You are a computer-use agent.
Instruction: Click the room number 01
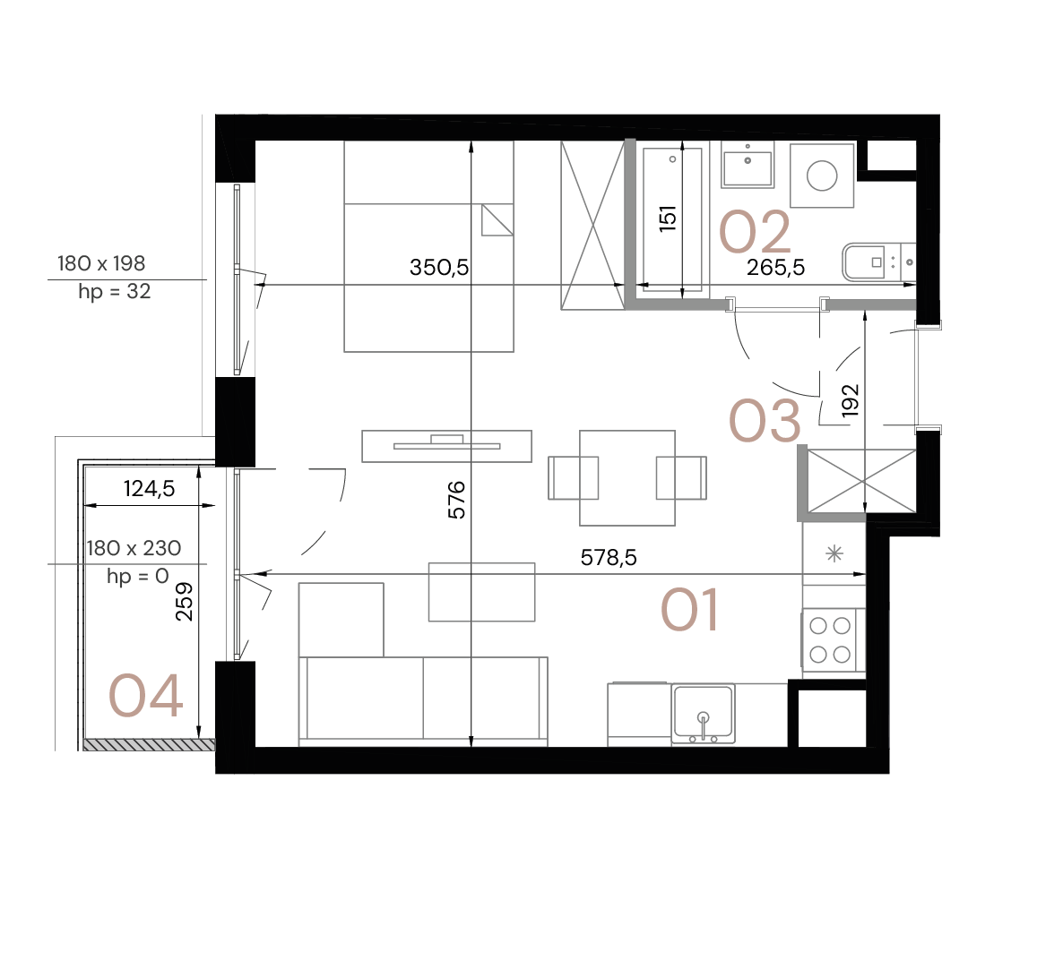(x=689, y=611)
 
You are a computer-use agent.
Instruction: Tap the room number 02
(x=755, y=232)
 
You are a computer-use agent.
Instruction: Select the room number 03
(x=765, y=421)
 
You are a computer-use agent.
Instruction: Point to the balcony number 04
(x=146, y=697)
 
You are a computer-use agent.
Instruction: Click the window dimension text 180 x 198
(x=101, y=263)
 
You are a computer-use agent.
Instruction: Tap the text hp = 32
(x=114, y=292)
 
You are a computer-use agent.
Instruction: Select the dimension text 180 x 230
(x=134, y=548)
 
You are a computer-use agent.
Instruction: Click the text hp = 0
(x=137, y=577)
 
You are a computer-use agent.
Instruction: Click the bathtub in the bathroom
(x=673, y=218)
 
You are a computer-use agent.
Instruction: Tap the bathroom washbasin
(x=748, y=165)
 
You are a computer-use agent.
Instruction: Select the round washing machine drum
(x=822, y=176)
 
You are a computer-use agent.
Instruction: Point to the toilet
(x=878, y=261)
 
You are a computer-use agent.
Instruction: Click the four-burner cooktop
(x=830, y=639)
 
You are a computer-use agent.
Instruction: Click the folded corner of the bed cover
(x=497, y=220)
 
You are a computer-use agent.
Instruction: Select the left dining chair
(x=574, y=477)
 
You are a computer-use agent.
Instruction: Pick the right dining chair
(x=681, y=477)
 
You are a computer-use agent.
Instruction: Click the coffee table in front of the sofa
(x=481, y=592)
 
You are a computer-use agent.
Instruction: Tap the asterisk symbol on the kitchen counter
(x=834, y=554)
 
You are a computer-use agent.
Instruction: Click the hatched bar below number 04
(x=149, y=744)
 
